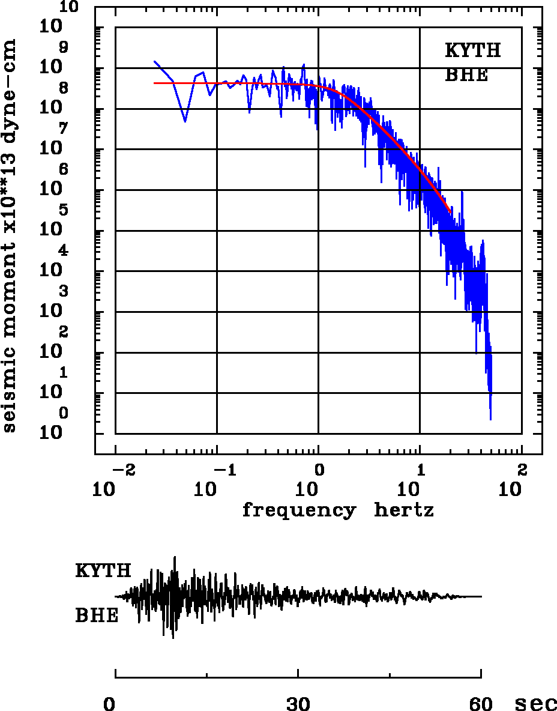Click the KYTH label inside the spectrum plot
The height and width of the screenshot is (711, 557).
tap(472, 50)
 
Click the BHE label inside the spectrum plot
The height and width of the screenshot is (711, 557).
tap(466, 76)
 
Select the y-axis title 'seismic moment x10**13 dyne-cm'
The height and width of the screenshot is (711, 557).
tap(10, 235)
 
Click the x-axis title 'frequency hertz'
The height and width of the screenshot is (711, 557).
tap(338, 511)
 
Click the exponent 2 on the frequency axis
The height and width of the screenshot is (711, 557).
tap(522, 468)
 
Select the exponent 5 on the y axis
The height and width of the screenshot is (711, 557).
tap(64, 210)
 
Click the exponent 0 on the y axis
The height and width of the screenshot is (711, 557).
tap(64, 413)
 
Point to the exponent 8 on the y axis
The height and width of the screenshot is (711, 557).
tap(64, 88)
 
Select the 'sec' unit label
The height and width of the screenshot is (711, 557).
tap(535, 704)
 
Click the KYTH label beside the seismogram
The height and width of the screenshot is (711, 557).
tap(103, 571)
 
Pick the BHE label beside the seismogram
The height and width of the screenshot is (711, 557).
tap(97, 616)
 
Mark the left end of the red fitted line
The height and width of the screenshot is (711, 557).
tap(154, 83)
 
